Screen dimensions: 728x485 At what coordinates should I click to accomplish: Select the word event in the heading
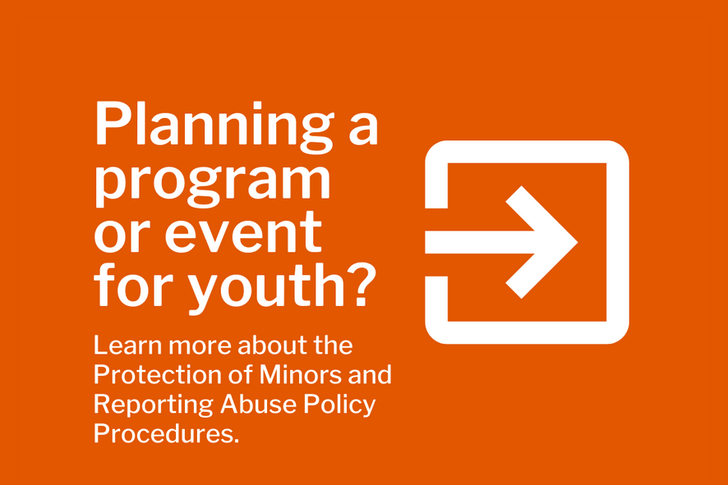tap(243, 231)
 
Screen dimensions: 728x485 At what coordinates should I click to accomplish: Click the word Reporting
tap(154, 405)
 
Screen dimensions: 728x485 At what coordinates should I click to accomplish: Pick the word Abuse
tap(258, 405)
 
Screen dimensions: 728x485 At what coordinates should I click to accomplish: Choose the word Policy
tap(339, 405)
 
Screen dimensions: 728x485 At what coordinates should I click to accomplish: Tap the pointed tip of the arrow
tap(577, 242)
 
